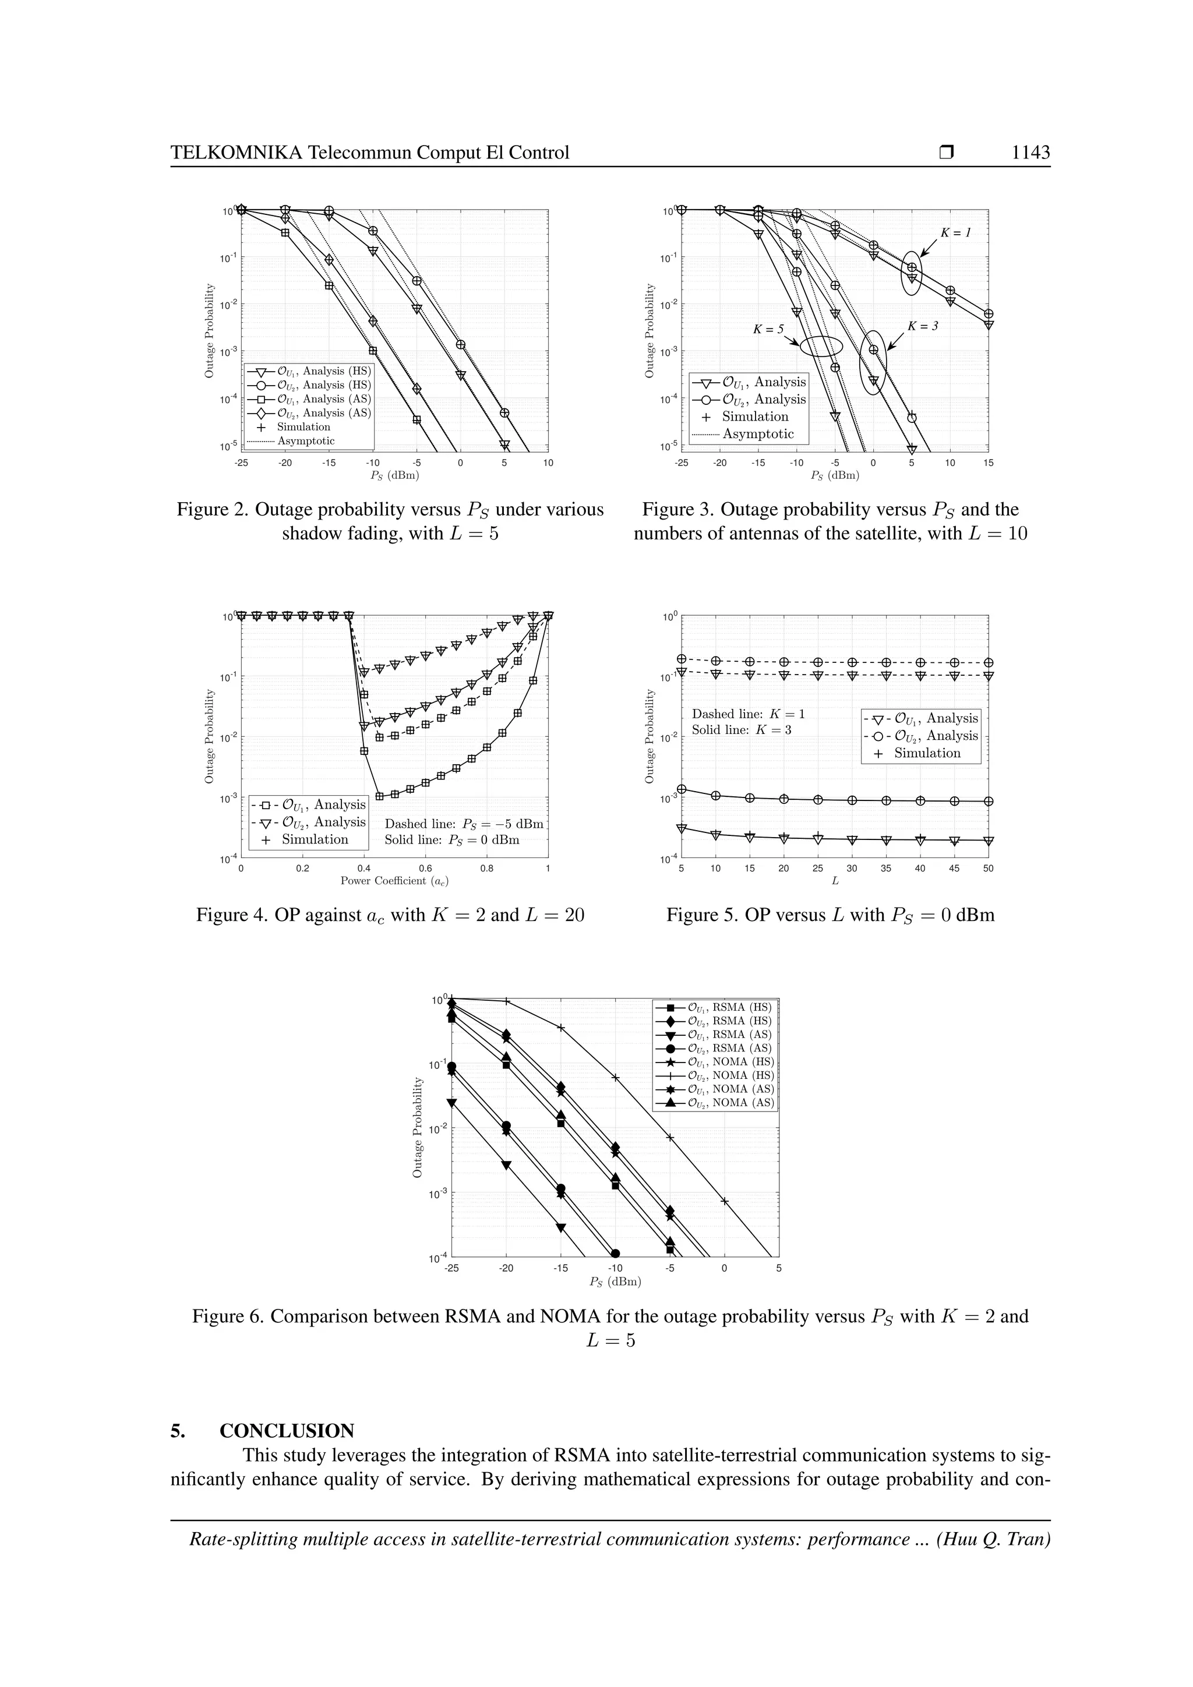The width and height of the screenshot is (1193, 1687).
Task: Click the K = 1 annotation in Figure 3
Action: (956, 232)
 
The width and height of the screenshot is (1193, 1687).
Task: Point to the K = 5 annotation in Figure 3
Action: (768, 330)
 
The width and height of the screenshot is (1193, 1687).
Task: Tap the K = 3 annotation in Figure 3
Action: (923, 326)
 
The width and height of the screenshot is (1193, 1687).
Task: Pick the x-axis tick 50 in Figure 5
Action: (988, 869)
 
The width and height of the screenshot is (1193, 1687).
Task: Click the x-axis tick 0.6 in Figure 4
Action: (425, 869)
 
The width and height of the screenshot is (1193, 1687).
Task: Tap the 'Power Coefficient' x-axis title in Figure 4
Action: (394, 881)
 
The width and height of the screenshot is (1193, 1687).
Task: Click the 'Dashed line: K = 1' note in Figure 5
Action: (749, 714)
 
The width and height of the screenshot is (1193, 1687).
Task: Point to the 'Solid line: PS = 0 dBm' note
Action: (452, 840)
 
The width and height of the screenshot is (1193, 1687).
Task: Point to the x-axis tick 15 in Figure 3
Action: (988, 463)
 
